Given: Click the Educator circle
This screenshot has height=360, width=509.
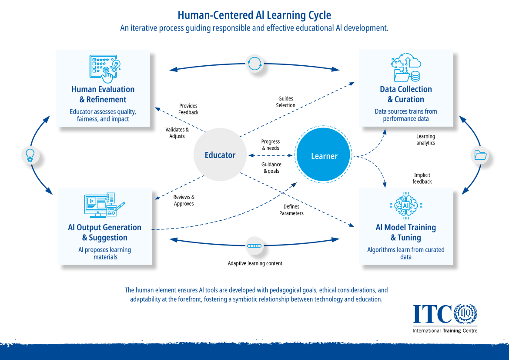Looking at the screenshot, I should coord(220,155).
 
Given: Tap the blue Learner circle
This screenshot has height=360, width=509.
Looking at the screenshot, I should coord(324,156).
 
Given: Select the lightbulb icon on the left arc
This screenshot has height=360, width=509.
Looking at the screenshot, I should coord(30,155).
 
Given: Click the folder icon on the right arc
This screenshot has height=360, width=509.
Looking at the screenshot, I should coord(480,155).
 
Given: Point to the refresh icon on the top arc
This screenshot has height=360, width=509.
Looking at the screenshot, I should coord(254,63).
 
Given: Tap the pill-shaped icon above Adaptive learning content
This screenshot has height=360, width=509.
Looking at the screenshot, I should coord(254,246).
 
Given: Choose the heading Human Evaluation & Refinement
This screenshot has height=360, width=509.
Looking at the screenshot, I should coord(103,94).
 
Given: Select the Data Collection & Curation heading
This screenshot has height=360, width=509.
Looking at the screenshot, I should coord(406,94).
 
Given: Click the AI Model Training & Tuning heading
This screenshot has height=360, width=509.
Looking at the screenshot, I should coord(406,232).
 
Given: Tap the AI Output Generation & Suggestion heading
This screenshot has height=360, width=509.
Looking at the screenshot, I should coord(105,232).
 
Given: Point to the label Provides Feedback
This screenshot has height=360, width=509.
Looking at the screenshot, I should coord(188,109).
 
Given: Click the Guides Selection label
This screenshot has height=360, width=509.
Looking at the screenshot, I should coord(286,102).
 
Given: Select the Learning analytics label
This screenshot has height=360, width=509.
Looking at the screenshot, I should coord(425,139).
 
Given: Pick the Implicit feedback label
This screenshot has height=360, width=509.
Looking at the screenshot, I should coord(422,178).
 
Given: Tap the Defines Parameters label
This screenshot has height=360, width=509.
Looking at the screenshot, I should coord(291,210).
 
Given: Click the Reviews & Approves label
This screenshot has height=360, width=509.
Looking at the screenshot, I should coord(184,200).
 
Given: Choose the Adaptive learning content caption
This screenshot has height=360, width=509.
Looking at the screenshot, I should coord(255,263).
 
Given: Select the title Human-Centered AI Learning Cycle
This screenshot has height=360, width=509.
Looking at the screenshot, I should coord(254,15).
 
